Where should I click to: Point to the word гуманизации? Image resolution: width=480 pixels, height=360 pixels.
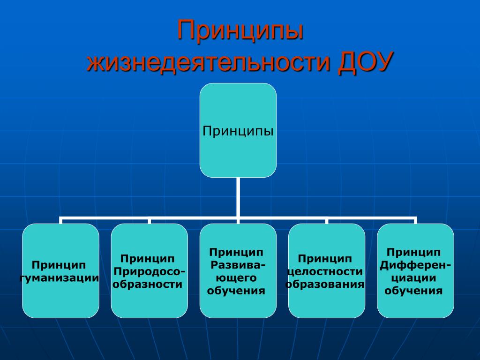[60, 278]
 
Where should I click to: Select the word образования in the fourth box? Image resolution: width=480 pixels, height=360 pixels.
[326, 284]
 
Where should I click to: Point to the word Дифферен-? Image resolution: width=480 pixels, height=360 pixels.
[416, 265]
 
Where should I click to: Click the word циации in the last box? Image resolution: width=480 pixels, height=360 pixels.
[414, 278]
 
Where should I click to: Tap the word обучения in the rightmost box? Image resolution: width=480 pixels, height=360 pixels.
[414, 291]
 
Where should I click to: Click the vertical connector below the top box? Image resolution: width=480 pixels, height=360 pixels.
[238, 197]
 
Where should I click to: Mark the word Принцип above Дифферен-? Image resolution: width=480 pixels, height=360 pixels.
[414, 253]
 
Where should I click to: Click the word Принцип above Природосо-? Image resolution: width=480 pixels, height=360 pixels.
[148, 259]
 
